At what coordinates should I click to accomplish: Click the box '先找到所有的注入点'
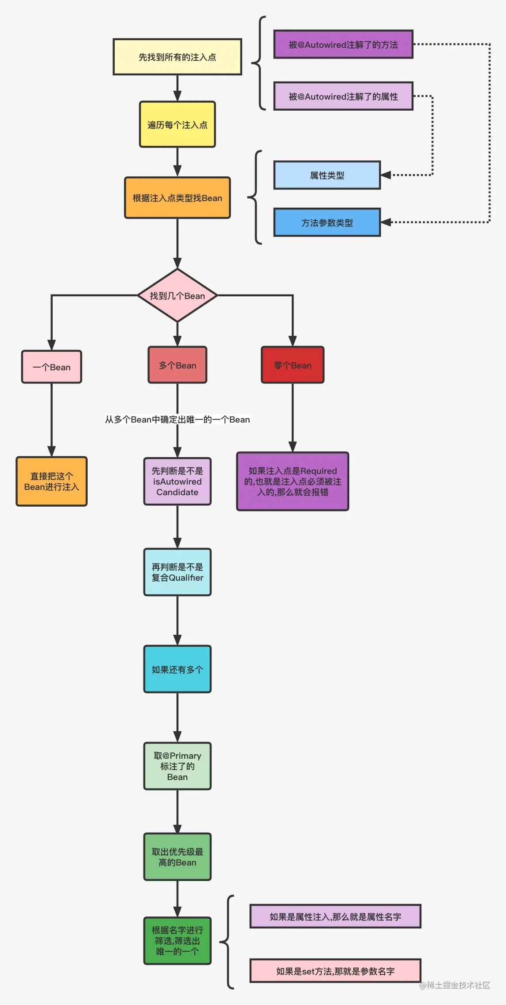(177, 57)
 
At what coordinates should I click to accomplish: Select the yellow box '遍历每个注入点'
(177, 124)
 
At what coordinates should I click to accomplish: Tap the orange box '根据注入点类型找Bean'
(177, 198)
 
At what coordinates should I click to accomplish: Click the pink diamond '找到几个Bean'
(177, 295)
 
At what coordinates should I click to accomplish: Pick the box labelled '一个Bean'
(51, 367)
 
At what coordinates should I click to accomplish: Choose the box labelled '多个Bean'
(177, 365)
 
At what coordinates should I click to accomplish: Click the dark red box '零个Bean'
(292, 365)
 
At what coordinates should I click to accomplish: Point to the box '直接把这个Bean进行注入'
(51, 481)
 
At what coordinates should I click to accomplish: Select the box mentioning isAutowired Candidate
(177, 481)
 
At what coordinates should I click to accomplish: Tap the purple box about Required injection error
(292, 481)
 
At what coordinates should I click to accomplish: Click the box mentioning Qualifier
(177, 572)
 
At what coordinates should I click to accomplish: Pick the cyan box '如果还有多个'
(177, 669)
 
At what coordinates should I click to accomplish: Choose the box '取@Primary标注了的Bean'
(177, 766)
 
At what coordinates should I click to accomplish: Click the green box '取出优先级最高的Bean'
(177, 857)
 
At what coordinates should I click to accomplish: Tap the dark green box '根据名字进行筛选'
(177, 941)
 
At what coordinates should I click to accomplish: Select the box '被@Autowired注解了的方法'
(343, 44)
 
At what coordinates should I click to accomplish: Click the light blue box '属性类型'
(327, 175)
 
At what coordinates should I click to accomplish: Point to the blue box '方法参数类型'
(327, 222)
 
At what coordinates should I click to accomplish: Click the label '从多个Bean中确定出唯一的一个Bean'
(177, 419)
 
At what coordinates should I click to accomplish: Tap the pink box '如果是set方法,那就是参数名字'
(335, 971)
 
